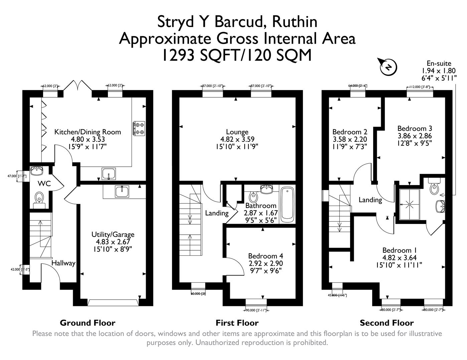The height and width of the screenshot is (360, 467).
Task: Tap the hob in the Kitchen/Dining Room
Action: point(139,128)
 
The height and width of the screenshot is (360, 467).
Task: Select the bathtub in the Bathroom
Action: point(287,205)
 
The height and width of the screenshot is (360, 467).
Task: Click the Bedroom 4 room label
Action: point(266,256)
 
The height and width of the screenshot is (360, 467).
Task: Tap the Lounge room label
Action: point(237,132)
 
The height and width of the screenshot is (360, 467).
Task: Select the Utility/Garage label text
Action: point(113,235)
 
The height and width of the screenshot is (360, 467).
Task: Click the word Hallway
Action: point(63,263)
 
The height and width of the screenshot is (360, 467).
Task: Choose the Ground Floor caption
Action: point(88,323)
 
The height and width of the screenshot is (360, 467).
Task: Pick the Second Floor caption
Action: point(386,323)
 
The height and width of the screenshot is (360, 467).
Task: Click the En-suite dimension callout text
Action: point(439,70)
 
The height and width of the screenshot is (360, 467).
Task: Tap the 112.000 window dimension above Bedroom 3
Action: point(420,87)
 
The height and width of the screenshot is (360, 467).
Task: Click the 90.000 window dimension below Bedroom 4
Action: point(256,310)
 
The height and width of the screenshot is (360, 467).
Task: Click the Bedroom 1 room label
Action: point(399,250)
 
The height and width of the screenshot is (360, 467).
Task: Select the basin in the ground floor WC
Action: point(36,171)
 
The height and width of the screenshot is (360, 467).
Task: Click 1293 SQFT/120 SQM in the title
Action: point(237,55)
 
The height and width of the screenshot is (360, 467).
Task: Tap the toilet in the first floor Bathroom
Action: point(253,197)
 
